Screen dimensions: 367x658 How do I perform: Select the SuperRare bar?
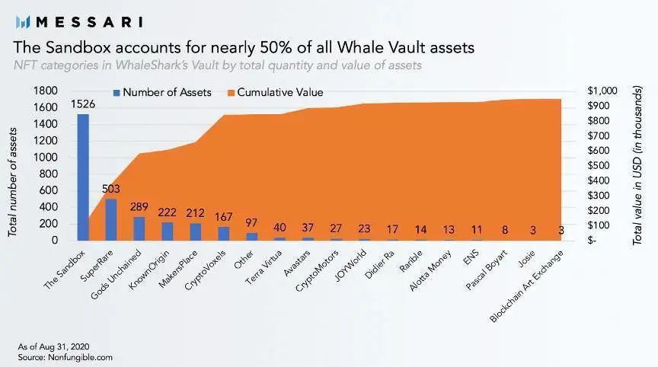[111, 219]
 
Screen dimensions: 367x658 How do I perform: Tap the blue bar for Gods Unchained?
[139, 228]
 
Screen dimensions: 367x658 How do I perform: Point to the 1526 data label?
[83, 104]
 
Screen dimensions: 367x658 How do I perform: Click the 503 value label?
[111, 189]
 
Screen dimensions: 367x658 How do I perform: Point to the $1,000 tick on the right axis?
[602, 91]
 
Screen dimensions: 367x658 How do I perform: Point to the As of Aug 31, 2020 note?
[53, 346]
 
